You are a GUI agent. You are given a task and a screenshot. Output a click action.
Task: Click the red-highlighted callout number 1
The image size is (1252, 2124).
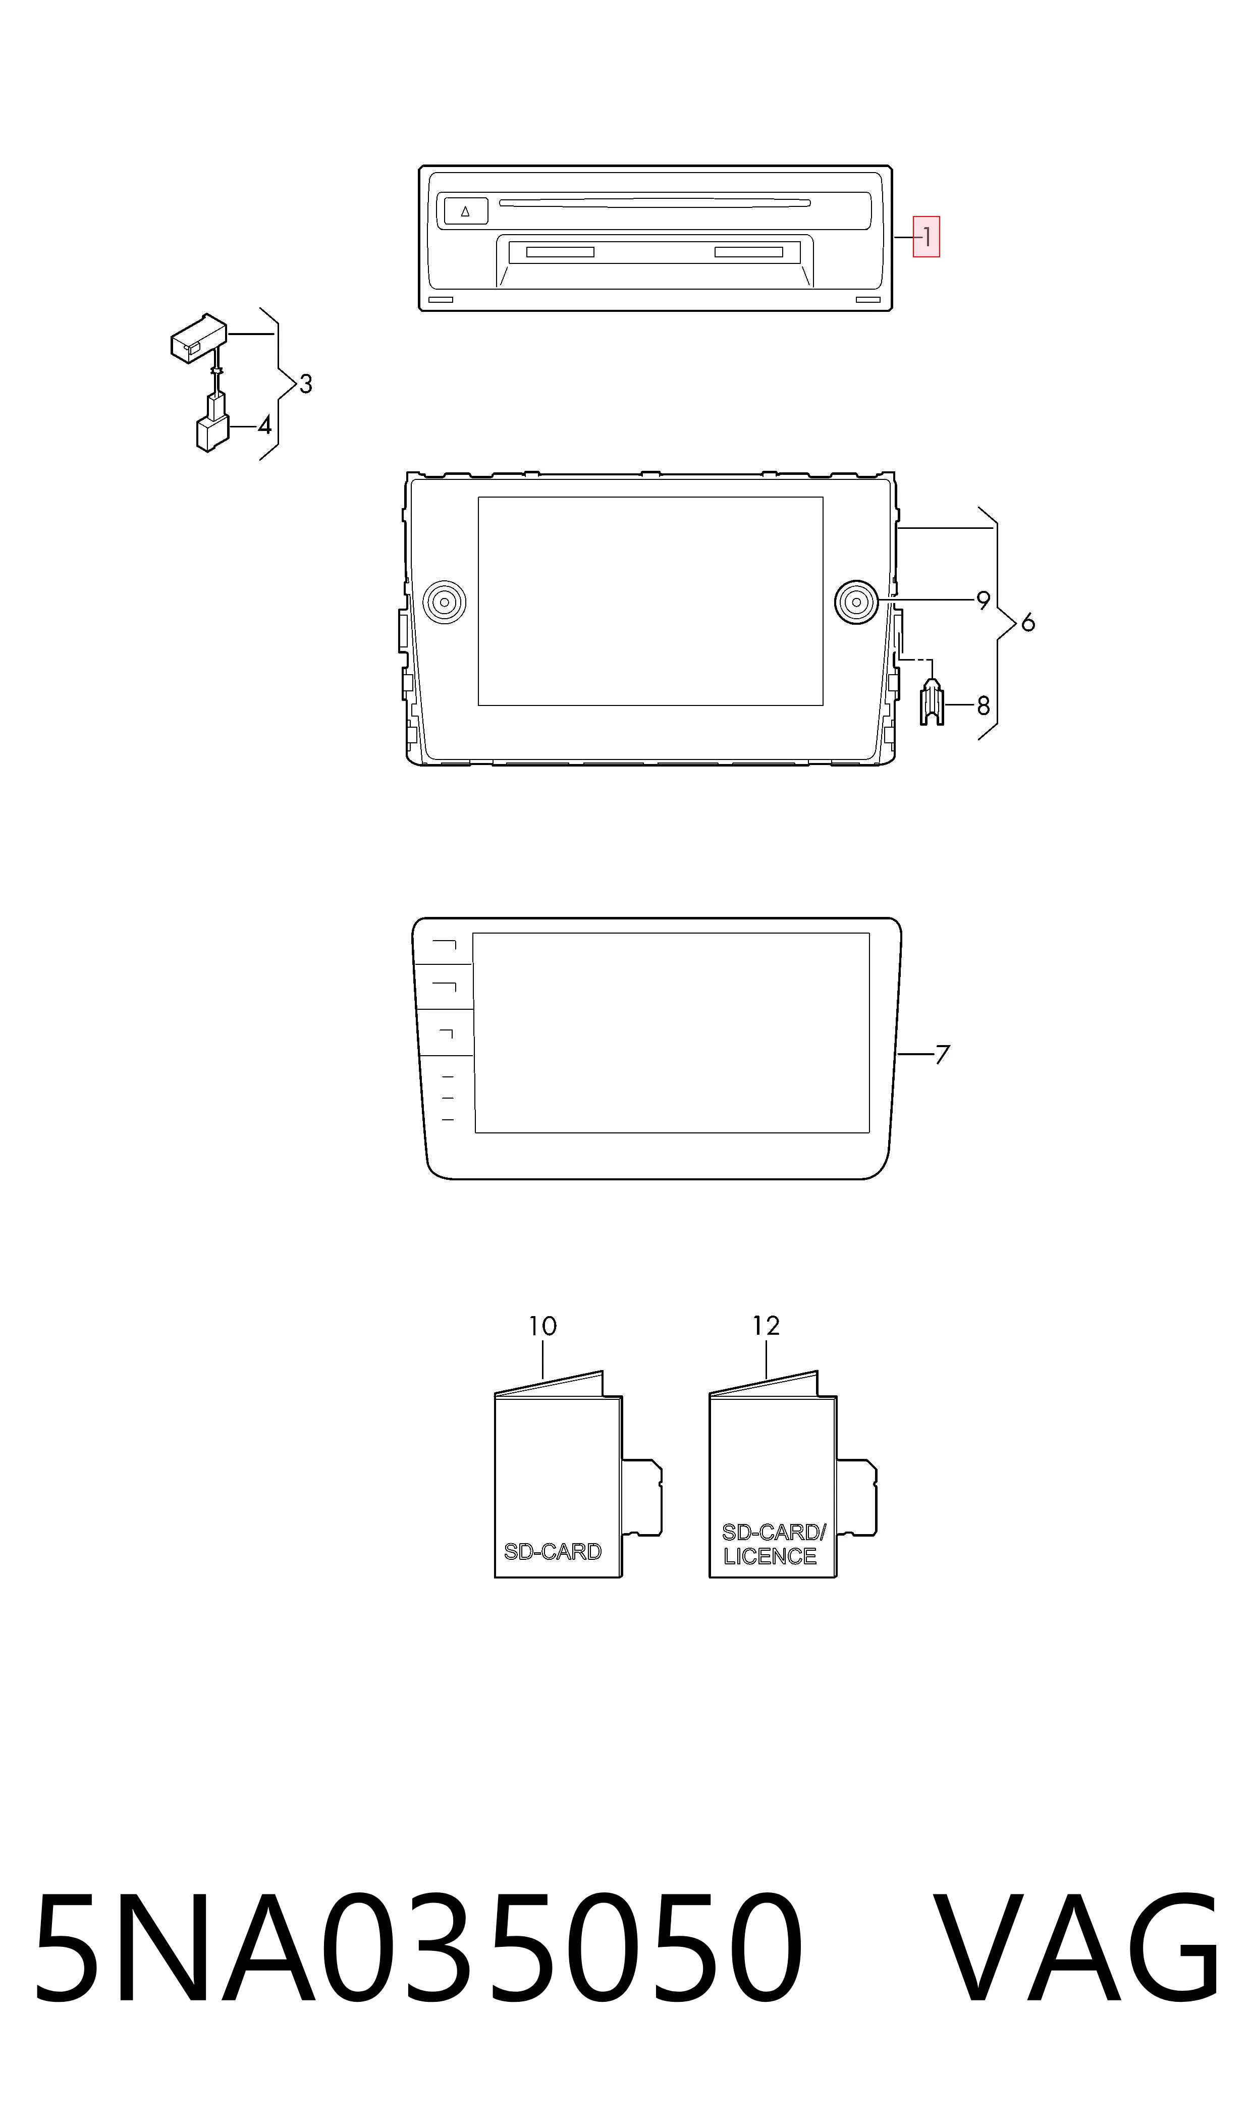click(x=927, y=237)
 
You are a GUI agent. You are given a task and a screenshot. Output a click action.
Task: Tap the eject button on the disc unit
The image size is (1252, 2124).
click(x=466, y=211)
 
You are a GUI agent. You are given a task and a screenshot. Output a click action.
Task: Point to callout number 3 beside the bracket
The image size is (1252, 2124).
click(x=305, y=384)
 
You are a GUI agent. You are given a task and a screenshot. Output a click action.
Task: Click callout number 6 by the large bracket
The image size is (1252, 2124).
click(x=1027, y=623)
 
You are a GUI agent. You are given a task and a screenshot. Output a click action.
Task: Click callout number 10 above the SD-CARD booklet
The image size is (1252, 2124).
click(x=542, y=1326)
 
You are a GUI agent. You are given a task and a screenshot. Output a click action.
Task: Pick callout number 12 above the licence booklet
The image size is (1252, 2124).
click(x=766, y=1326)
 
